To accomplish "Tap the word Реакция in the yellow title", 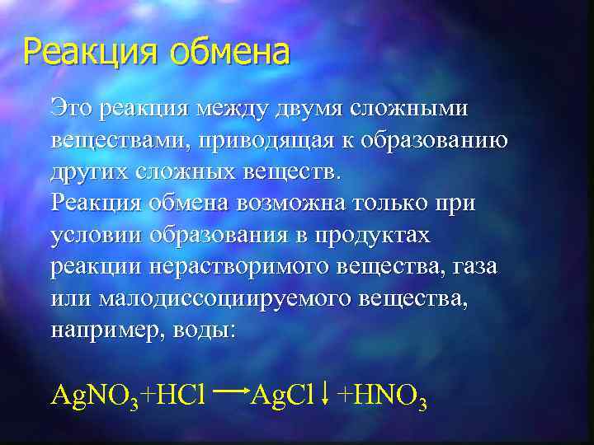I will (x=92, y=53).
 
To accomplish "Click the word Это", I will (x=69, y=108).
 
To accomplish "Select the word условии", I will (x=97, y=234).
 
